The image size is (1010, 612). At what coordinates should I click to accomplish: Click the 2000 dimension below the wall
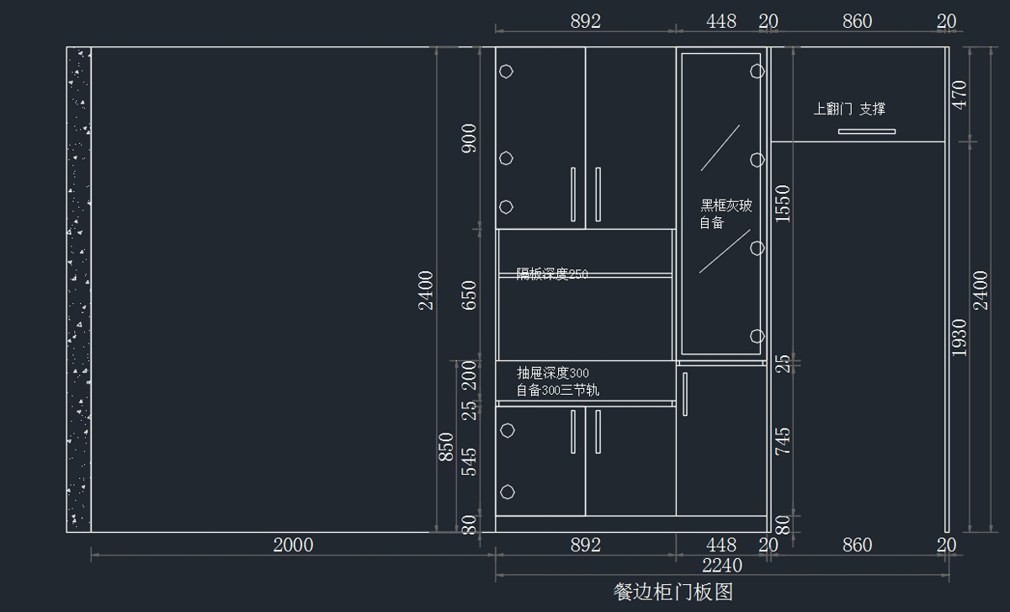click(293, 545)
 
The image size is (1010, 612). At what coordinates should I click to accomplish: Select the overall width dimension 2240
click(722, 565)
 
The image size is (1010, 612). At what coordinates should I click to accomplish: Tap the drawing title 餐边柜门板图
click(673, 592)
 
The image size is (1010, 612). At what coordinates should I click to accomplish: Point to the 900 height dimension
click(470, 138)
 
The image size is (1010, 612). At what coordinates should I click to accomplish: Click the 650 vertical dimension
click(470, 295)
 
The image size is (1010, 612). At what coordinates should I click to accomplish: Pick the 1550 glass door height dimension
click(783, 203)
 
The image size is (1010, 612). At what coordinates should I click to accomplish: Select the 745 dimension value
click(783, 441)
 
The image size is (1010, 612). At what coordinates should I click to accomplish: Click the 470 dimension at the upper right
click(959, 94)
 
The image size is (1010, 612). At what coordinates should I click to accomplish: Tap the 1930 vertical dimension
click(959, 337)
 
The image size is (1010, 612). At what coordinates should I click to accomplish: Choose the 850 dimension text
click(446, 448)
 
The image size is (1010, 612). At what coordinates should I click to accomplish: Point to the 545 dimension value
click(470, 461)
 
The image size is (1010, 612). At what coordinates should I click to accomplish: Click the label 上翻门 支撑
click(849, 109)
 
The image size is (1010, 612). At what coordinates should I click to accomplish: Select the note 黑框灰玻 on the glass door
click(726, 205)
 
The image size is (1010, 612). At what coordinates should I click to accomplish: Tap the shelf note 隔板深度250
click(552, 274)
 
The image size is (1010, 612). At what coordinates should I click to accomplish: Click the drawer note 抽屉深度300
click(552, 373)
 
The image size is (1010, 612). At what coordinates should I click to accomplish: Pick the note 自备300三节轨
click(557, 391)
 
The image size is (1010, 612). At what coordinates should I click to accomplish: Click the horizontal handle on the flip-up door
click(866, 131)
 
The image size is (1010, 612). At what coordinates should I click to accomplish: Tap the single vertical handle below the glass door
click(686, 393)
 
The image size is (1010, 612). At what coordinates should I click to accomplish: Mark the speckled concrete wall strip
click(79, 289)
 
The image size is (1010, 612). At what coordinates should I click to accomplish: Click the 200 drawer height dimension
click(470, 375)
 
